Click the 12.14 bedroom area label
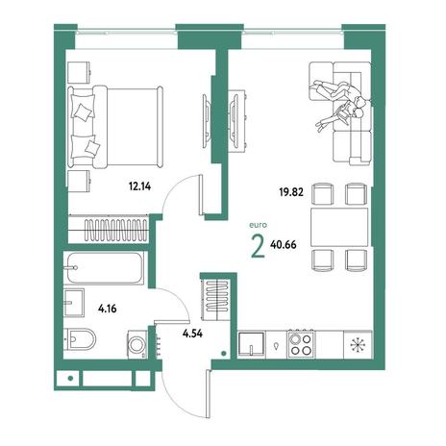tap(139, 186)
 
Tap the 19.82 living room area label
tap(291, 192)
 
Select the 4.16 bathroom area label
tap(108, 309)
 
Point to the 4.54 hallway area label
tap(192, 334)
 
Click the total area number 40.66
tap(284, 245)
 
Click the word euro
tap(258, 225)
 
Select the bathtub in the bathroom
tap(106, 268)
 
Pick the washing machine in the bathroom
tap(137, 344)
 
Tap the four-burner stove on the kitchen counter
tap(301, 344)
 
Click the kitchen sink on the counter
tap(252, 344)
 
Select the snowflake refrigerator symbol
tap(357, 344)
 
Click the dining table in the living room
tap(339, 227)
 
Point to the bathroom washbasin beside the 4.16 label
tap(74, 303)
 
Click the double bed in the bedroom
tap(115, 127)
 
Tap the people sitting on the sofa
tap(340, 104)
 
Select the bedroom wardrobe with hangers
tap(109, 229)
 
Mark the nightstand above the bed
tap(79, 72)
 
